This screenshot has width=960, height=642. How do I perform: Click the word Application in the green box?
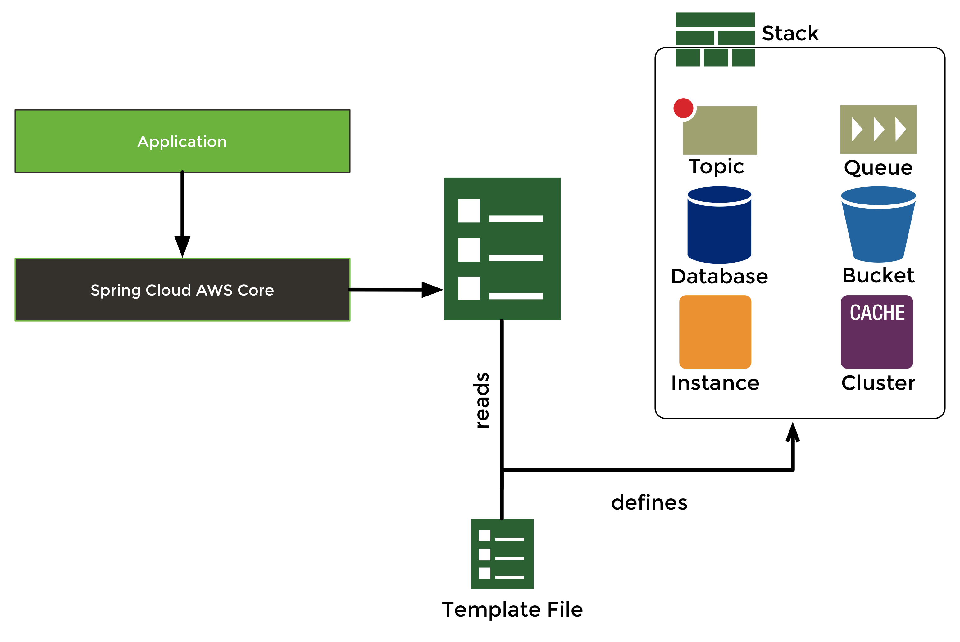182,142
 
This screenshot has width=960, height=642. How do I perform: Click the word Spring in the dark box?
116,290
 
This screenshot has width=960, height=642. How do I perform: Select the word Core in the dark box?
256,290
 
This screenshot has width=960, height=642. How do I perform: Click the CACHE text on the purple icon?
877,313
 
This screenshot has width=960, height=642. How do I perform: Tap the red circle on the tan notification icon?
683,108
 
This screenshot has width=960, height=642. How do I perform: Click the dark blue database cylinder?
719,229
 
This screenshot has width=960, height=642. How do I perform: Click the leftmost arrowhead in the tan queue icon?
857,129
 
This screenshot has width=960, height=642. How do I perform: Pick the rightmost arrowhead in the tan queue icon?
900,129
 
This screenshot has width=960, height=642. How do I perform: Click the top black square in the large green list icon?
469,211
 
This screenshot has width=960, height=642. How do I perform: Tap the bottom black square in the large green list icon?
469,288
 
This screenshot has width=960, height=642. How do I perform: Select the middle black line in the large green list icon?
516,258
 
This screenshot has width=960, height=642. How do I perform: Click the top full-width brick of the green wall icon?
715,20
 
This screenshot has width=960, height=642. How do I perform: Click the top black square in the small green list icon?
485,535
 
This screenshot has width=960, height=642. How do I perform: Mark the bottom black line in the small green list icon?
509,577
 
